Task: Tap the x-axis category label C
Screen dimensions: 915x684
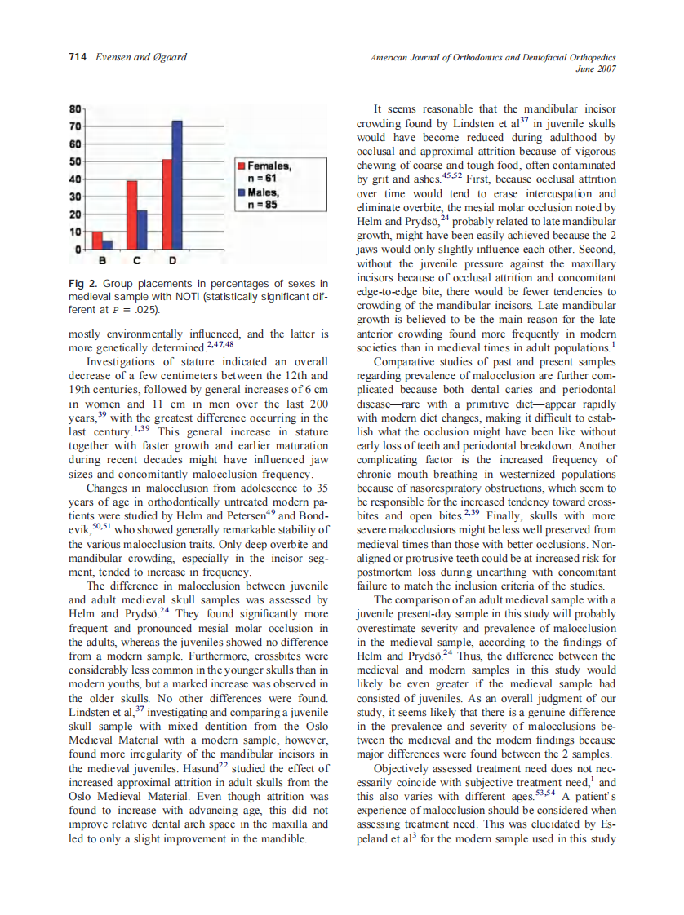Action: click(136, 261)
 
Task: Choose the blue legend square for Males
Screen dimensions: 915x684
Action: click(242, 192)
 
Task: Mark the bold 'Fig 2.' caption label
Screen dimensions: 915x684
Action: click(83, 283)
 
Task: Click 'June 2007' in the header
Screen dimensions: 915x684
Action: click(597, 69)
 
